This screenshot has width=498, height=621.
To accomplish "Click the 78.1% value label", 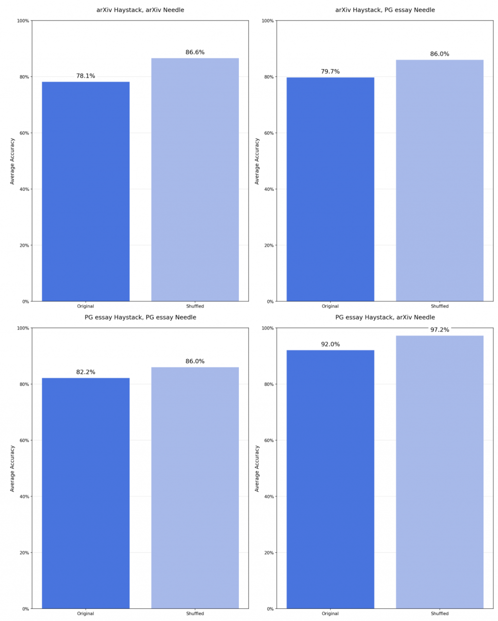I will [x=86, y=76].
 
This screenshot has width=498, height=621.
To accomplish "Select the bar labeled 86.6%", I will [x=195, y=180].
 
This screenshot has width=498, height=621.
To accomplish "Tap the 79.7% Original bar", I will [x=330, y=189].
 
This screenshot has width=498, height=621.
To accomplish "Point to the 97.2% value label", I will [x=440, y=330].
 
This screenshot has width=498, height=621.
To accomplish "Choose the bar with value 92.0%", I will [x=330, y=479].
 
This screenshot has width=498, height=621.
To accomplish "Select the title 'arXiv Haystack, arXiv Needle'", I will [x=140, y=10].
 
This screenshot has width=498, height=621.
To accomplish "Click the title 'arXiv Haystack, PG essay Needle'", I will [x=385, y=10].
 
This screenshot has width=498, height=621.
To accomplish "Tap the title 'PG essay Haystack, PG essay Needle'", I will [x=140, y=317].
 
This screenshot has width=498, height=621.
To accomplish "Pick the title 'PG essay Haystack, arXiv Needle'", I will [x=385, y=317].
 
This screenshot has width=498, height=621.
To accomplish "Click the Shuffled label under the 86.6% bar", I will [x=195, y=306].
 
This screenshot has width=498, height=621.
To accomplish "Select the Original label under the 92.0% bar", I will [x=330, y=614].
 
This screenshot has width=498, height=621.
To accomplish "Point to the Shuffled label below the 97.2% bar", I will [x=440, y=614].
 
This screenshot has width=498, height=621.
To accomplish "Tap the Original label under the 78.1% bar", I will [x=86, y=306].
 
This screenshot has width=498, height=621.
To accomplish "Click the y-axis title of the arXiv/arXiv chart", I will [x=13, y=161].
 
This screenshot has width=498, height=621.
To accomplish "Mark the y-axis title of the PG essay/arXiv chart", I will [x=257, y=468].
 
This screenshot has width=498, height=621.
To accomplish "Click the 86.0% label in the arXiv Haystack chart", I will [x=440, y=54].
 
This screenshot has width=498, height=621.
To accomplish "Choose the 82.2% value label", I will [x=86, y=372].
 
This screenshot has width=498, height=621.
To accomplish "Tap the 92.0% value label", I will [x=330, y=345].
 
